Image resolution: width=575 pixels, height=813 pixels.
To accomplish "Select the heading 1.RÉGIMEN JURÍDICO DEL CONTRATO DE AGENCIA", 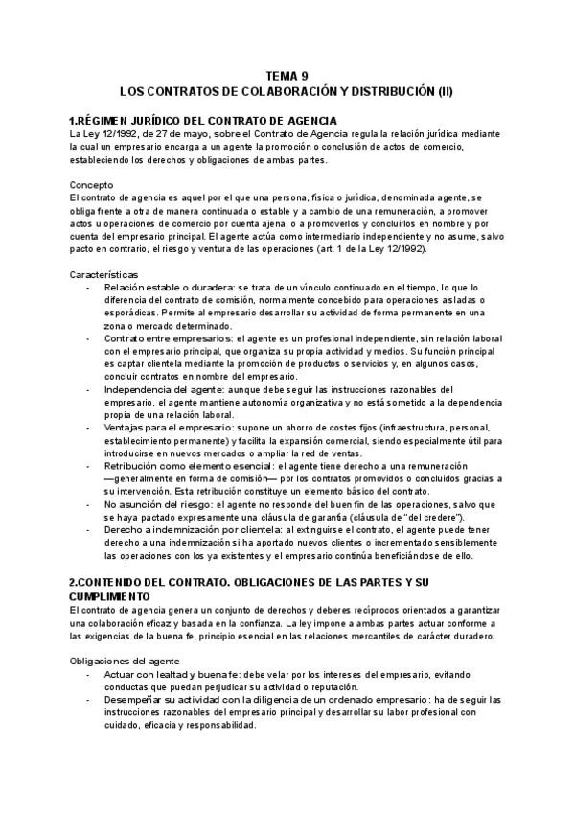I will [202, 120].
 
